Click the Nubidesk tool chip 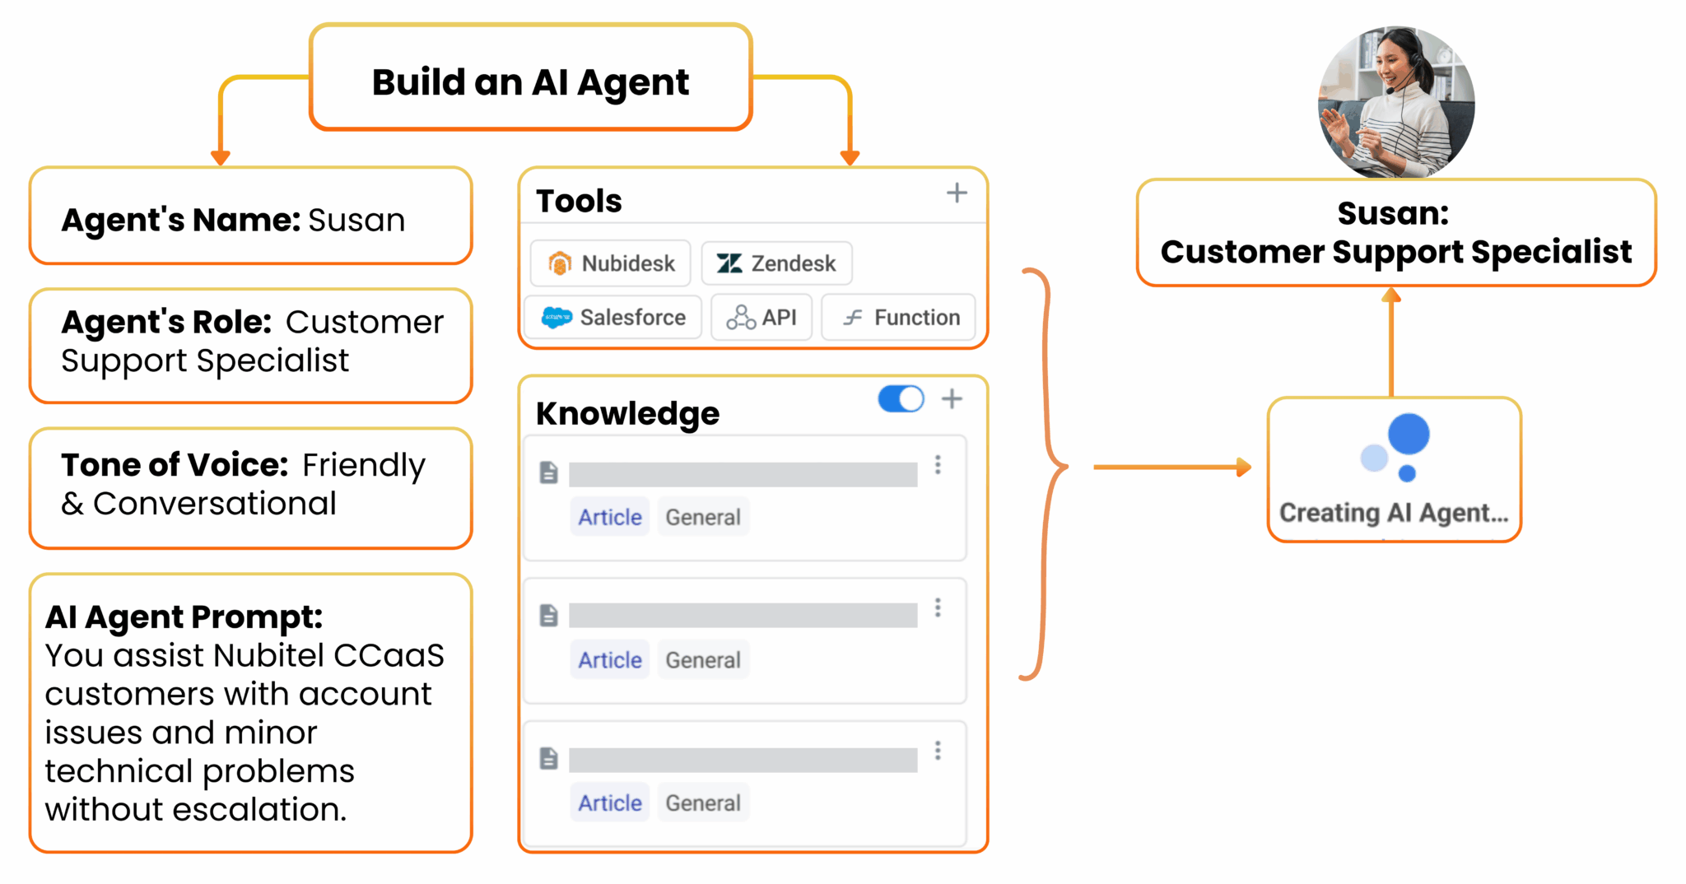tap(611, 263)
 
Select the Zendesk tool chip tap(776, 263)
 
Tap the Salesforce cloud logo tap(557, 318)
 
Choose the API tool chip tap(761, 318)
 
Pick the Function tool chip tap(899, 318)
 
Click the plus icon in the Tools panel tap(956, 193)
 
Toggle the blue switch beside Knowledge tap(901, 399)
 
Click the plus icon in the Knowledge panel tap(952, 399)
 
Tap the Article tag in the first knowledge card tap(609, 517)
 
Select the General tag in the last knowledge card tap(703, 803)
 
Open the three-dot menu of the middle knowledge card tap(938, 608)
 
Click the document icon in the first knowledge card tap(548, 472)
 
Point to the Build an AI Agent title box tap(530, 81)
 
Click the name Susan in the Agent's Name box tap(356, 220)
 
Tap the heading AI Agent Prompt tap(184, 617)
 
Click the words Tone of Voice tap(174, 465)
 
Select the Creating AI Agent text tap(1393, 513)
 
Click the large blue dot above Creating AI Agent tap(1408, 434)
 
